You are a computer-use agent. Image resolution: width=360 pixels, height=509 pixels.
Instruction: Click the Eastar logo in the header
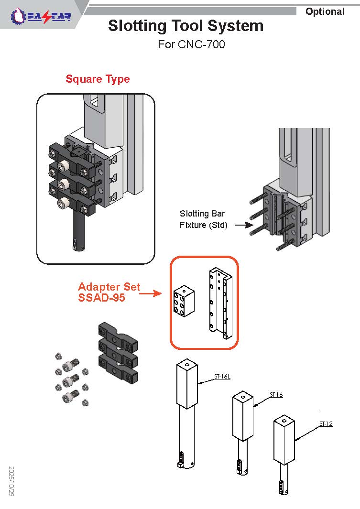coord(41,17)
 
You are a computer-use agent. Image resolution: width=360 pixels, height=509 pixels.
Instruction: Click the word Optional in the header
coord(325,11)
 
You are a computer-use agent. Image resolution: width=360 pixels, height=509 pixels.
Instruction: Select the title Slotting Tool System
coord(185,26)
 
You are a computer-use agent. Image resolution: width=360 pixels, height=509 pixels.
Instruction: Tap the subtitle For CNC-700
coord(191,45)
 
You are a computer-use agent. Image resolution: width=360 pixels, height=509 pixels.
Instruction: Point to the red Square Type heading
coord(98,79)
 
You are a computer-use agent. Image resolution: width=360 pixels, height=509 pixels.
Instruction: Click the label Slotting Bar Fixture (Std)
coord(203,219)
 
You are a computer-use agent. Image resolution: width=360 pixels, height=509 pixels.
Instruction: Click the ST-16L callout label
coord(222,377)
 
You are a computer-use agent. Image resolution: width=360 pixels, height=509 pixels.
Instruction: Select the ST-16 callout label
coord(276,395)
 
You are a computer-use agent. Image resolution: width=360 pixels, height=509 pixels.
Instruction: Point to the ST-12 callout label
coord(326,424)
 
